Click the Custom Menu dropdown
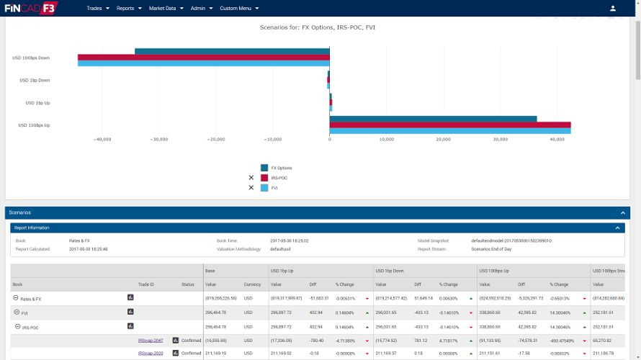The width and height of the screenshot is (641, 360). [x=240, y=8]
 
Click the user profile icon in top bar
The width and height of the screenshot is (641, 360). [x=613, y=9]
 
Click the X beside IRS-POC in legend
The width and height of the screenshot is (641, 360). [x=251, y=178]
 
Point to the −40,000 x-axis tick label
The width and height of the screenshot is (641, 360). [x=102, y=140]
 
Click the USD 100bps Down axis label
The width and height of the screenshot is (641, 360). [x=31, y=58]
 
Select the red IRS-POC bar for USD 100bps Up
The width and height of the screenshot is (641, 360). [x=449, y=125]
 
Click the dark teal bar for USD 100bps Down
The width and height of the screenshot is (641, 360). [x=232, y=51]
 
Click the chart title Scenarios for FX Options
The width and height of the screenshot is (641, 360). [x=318, y=27]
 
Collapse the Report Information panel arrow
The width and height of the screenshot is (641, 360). [x=617, y=228]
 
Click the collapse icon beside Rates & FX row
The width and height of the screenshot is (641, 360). [x=16, y=298]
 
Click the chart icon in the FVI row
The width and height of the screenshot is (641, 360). [x=130, y=312]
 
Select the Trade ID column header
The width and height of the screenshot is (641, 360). [x=146, y=284]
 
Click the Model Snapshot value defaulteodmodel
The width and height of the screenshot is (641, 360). [x=511, y=240]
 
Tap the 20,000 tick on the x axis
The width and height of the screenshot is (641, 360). [x=443, y=140]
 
